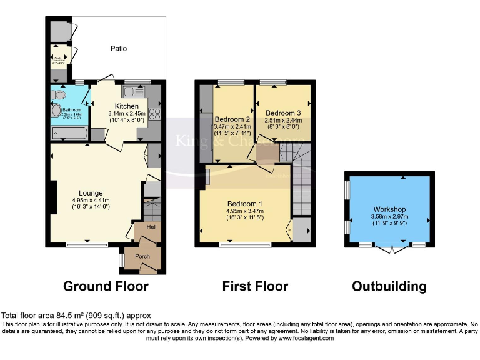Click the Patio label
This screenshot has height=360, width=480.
point(119,47)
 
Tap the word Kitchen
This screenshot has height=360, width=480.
point(126,106)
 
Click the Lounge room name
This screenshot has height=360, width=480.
point(91,193)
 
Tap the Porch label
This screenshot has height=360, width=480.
point(142,256)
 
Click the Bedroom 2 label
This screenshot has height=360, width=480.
point(232,119)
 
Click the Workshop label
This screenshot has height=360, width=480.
point(389,209)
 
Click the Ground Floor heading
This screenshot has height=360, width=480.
point(106,287)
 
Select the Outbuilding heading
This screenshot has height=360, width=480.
point(389,287)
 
